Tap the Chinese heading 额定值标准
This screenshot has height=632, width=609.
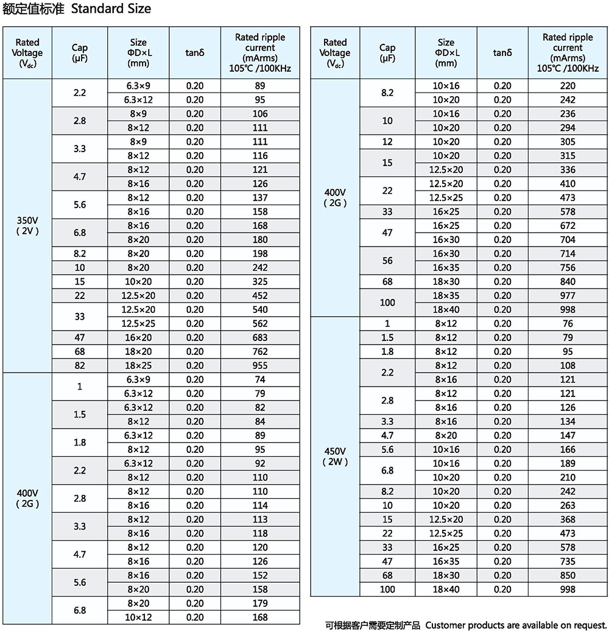33,9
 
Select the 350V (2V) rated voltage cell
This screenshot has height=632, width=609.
27,225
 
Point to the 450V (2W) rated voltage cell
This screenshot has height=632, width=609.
335,456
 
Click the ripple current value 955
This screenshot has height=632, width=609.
260,365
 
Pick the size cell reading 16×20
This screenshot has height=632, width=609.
138,337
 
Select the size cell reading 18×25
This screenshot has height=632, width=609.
138,365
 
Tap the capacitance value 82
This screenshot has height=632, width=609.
80,365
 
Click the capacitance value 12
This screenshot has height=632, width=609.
387,141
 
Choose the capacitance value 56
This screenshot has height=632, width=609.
387,261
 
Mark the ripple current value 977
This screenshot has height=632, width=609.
568,295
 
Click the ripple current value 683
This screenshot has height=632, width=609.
260,337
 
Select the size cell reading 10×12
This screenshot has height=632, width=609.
138,617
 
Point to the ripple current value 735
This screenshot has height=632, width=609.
568,561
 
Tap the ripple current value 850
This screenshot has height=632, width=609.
568,575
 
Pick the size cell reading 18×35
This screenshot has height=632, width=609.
446,295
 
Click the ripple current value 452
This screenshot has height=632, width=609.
260,295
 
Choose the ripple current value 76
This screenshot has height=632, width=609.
568,323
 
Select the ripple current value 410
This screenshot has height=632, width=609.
568,183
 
